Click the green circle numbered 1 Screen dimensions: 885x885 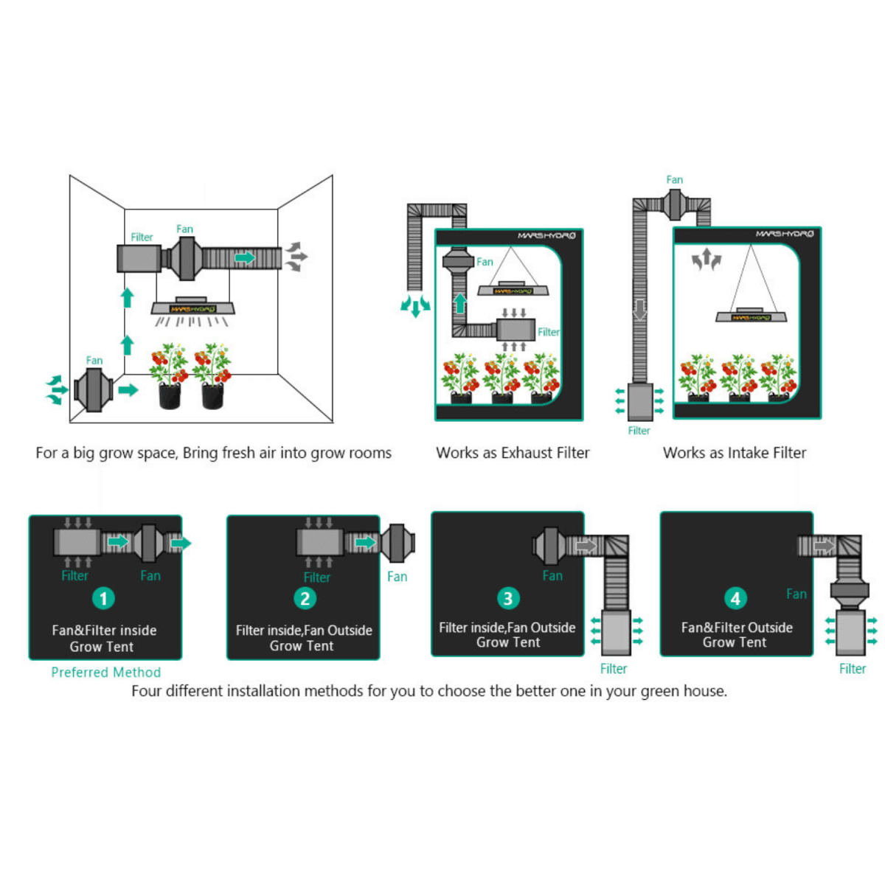click(x=103, y=598)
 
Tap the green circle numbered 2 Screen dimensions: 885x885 click(x=305, y=598)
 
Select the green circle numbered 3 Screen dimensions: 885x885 click(x=507, y=598)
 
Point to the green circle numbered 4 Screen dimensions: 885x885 click(x=735, y=598)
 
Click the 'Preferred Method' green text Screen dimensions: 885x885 click(x=105, y=672)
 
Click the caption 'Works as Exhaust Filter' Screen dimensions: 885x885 click(x=513, y=453)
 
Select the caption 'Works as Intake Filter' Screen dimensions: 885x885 click(x=735, y=453)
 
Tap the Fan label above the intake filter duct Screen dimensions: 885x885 click(x=674, y=180)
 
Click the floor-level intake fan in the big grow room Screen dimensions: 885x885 click(x=94, y=389)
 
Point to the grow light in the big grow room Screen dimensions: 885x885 click(x=193, y=308)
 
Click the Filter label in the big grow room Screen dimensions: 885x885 click(x=142, y=237)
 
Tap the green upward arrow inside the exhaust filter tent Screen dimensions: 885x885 click(x=460, y=303)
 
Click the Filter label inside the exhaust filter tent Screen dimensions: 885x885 click(x=548, y=333)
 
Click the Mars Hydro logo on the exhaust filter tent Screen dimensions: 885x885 click(x=546, y=236)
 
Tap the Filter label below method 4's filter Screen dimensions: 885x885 click(x=853, y=669)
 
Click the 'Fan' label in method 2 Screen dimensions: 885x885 click(x=397, y=577)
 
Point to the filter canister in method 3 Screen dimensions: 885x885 click(x=616, y=632)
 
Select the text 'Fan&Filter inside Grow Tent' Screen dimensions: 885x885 click(x=103, y=639)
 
